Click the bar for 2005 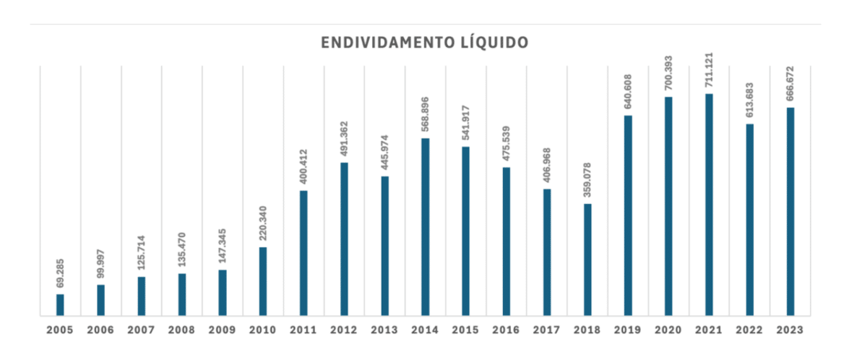click(60, 305)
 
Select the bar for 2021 click(709, 205)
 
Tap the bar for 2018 click(588, 260)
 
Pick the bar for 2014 click(425, 227)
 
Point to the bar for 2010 click(263, 281)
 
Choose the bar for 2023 click(791, 212)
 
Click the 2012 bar click(344, 239)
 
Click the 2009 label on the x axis click(222, 330)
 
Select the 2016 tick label click(506, 330)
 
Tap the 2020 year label click(668, 330)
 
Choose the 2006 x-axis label click(100, 330)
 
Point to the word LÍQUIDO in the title click(499, 43)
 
